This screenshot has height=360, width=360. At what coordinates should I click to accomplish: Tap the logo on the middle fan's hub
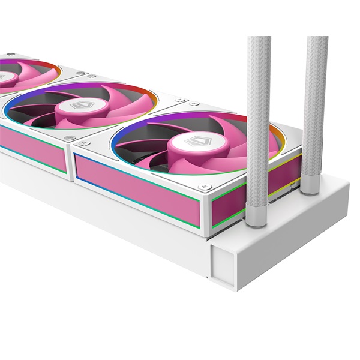click(80, 105)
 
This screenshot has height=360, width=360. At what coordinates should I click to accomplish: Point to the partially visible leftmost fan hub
click(3, 76)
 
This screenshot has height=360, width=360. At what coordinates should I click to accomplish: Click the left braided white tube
click(259, 120)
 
